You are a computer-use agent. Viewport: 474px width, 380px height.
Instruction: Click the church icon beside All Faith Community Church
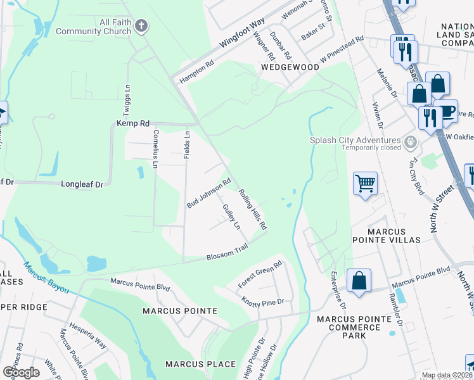point(141,26)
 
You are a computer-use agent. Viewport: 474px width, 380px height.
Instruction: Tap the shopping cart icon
point(365,184)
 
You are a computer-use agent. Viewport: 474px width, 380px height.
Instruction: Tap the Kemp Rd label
point(132,123)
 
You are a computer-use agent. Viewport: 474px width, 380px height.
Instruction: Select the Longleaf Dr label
point(82,185)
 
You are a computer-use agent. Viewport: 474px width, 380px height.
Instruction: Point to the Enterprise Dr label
point(338,289)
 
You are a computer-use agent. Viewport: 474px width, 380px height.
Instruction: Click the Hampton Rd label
point(197,70)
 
